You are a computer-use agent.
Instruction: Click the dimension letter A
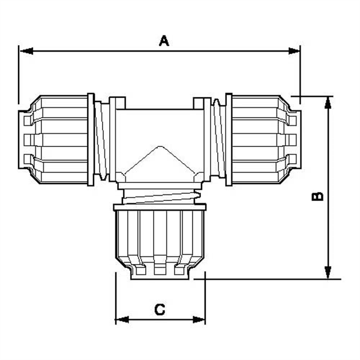coord(164,41)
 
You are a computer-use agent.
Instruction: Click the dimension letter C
coord(160,310)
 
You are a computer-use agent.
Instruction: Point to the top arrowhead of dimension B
coord(328,101)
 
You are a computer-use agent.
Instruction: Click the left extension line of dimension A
coord(19,72)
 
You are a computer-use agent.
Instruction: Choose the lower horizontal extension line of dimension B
coord(270,279)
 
